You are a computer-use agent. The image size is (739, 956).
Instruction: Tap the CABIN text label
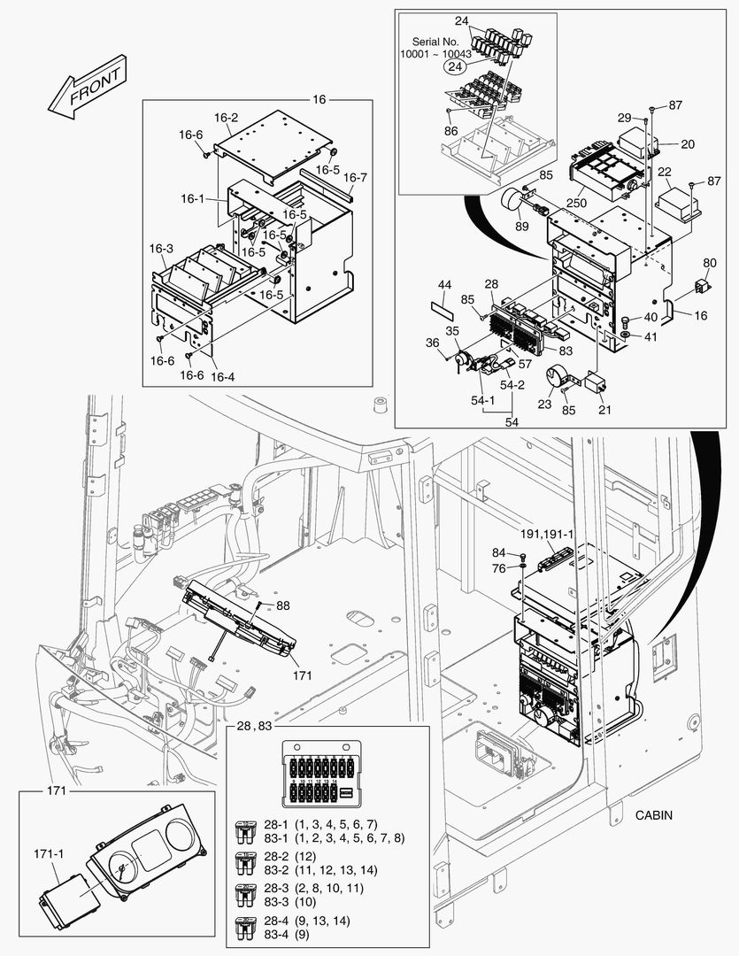(654, 815)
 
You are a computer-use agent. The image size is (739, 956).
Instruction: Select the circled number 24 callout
(455, 66)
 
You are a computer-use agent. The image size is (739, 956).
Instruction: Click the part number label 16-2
(227, 117)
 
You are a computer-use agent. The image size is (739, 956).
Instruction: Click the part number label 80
(710, 263)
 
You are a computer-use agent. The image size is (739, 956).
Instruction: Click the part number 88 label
(282, 605)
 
